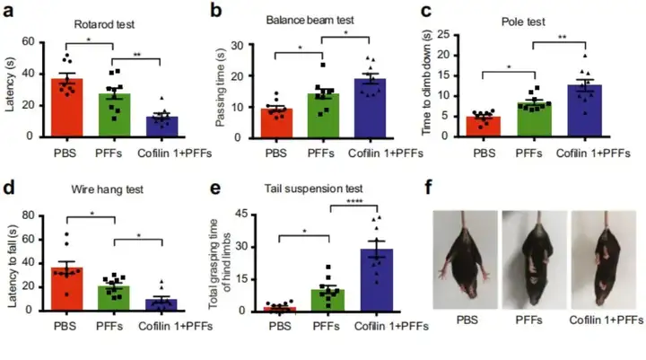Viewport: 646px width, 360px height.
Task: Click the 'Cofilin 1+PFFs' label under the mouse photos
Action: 607,320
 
